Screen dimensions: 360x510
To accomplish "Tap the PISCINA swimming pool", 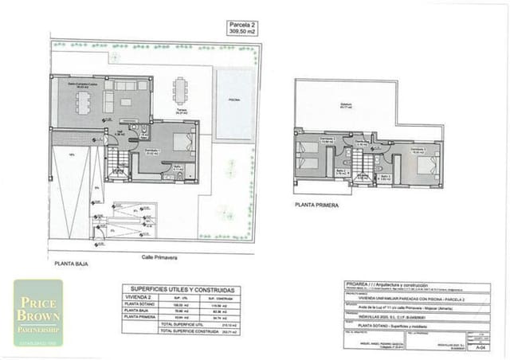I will (235, 104).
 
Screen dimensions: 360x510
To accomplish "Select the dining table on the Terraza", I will (182, 90).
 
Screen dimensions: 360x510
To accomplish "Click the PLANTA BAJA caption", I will (71, 261).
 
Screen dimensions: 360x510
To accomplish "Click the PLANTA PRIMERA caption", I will (316, 205).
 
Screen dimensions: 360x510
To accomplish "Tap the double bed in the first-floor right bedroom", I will (422, 165).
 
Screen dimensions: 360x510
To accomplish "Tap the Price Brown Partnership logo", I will (37, 312).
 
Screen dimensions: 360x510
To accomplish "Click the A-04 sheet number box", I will (478, 347).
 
